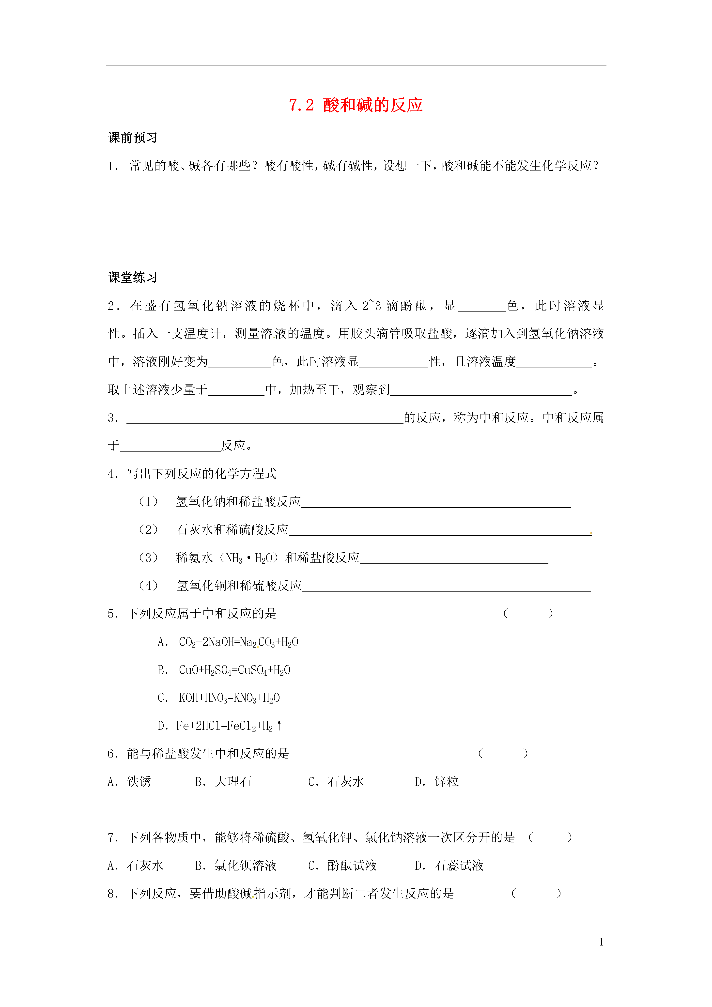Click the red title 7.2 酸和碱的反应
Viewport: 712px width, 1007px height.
(x=355, y=105)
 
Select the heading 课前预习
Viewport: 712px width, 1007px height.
(x=133, y=138)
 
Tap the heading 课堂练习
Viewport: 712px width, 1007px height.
(x=133, y=277)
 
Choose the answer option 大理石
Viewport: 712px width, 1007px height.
(x=232, y=782)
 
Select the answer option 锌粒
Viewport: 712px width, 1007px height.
(x=446, y=782)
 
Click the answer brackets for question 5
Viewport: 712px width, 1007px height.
(x=528, y=614)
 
